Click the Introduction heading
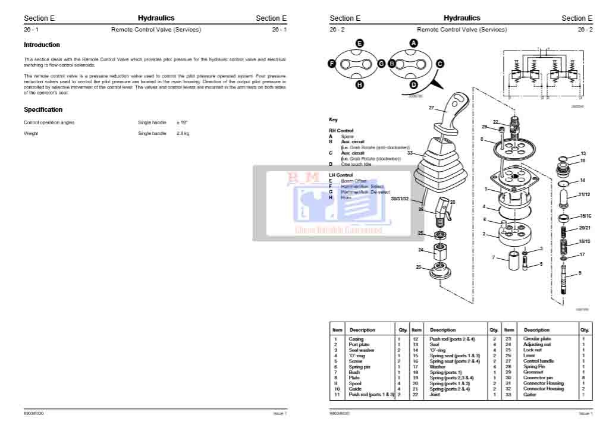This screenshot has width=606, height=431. (x=42, y=45)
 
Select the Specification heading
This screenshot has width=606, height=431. (x=43, y=109)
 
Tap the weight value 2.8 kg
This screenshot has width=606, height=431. (x=183, y=133)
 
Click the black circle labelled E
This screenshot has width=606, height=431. (x=359, y=43)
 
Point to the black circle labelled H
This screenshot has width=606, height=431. (x=359, y=85)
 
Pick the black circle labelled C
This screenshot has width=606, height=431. (x=439, y=64)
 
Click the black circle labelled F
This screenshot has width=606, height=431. (x=332, y=64)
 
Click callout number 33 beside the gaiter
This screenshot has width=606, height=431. (x=410, y=153)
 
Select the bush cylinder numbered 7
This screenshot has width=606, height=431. (x=512, y=261)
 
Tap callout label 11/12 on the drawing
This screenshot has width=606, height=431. (x=584, y=194)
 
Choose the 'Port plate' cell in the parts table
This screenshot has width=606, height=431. (x=360, y=344)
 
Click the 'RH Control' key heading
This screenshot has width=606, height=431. (x=341, y=130)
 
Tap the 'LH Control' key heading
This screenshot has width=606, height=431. (x=341, y=175)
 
